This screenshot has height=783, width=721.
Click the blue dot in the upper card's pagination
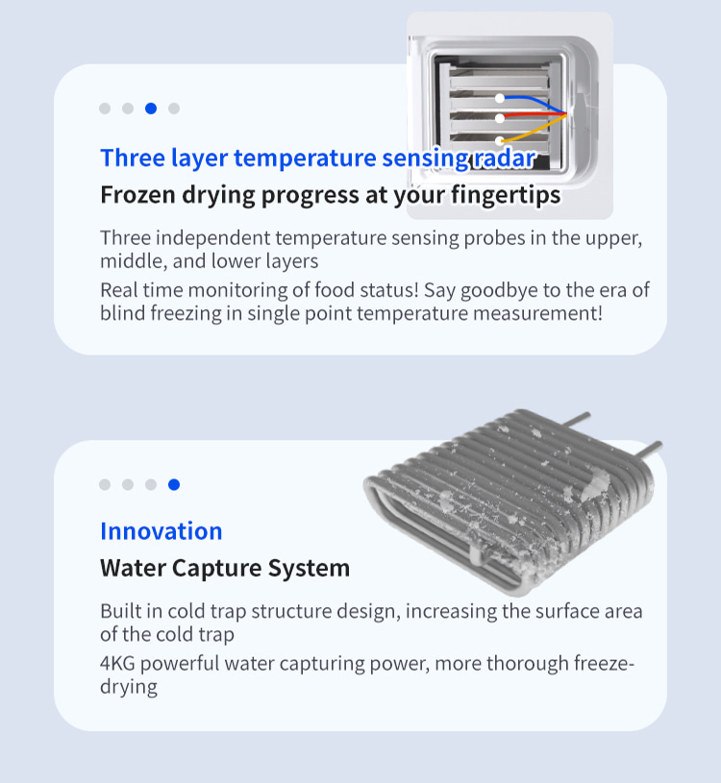151,109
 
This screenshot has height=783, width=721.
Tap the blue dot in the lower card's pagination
174,484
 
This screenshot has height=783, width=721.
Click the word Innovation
162,531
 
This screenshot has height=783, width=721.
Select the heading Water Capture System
225,568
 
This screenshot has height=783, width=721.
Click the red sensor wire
534,116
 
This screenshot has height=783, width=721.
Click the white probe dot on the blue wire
500,98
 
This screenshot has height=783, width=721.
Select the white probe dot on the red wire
500,118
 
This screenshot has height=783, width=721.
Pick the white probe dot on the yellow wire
500,141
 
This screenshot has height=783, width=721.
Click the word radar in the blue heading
504,159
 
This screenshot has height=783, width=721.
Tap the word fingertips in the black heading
506,195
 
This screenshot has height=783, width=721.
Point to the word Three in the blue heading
133,159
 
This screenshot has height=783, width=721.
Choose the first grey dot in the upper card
105,109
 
